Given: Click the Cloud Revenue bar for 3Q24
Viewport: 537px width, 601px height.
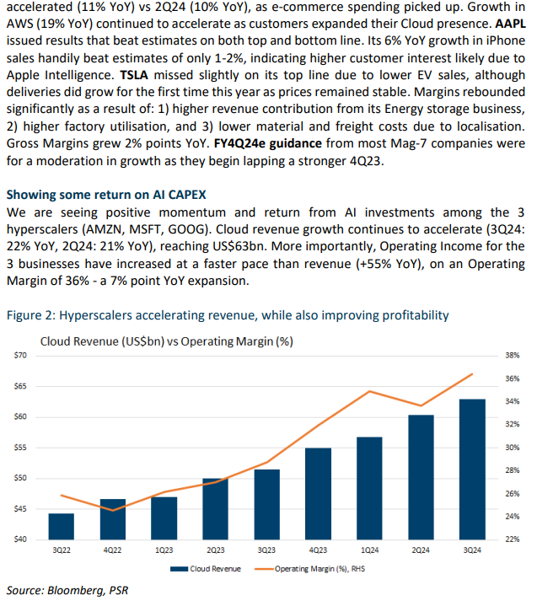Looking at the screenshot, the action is [472, 470].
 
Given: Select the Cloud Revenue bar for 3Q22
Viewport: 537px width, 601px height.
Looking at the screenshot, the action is [62, 526].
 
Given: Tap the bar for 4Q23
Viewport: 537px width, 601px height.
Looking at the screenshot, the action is [318, 494].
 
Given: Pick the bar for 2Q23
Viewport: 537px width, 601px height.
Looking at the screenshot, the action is [216, 509].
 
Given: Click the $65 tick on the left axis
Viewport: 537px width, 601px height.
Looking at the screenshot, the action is [20, 386].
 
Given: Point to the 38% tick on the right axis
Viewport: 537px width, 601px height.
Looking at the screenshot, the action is [512, 356].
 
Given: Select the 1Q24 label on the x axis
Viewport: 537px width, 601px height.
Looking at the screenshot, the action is [369, 550].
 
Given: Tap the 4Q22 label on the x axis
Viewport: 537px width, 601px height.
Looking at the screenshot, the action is [112, 550].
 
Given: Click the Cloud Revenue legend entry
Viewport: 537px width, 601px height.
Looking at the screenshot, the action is [206, 569].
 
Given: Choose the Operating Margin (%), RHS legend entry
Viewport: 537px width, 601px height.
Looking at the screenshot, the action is [309, 569].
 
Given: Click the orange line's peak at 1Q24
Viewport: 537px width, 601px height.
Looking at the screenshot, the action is [369, 391].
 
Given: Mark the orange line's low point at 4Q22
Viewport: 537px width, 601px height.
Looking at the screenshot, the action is [113, 510].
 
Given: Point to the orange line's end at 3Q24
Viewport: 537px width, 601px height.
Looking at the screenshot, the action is [472, 373].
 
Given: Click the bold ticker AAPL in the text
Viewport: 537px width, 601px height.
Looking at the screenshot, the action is [510, 24].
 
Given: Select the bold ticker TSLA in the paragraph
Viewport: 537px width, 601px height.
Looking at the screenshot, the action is [134, 75].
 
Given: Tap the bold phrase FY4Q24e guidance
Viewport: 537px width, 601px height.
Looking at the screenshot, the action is [267, 143].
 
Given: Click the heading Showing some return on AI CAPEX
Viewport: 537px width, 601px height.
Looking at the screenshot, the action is [106, 195].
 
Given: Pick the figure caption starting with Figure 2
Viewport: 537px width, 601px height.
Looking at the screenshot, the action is [228, 315].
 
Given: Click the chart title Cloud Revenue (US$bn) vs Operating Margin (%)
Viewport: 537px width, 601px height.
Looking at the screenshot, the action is [167, 341].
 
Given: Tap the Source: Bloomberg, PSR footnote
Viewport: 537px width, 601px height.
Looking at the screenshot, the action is [67, 590].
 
